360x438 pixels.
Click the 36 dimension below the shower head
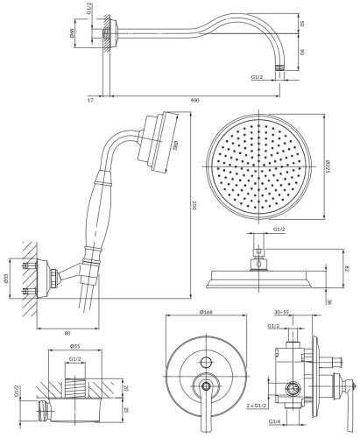tap(328, 301)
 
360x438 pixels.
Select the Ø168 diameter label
tap(208, 312)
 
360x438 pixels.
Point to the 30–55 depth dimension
tap(282, 312)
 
